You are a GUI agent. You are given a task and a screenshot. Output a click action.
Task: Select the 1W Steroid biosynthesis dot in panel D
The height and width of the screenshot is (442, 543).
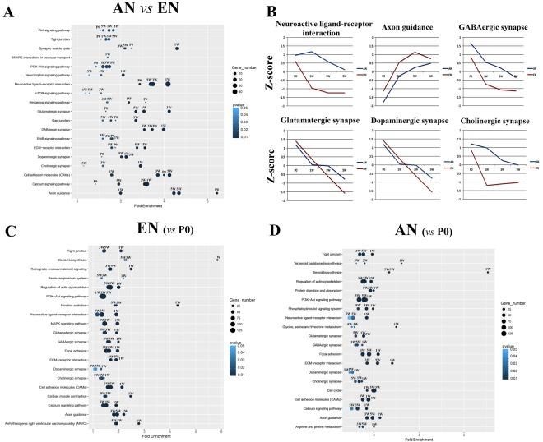coord(488,272)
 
